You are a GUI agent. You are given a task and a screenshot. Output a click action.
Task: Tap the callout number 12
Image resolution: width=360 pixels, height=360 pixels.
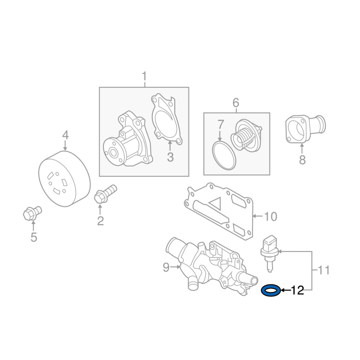297,290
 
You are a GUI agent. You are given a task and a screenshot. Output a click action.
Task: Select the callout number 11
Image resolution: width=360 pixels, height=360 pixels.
324,270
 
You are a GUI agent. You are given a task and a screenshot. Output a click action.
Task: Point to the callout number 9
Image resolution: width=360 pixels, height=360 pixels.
166,267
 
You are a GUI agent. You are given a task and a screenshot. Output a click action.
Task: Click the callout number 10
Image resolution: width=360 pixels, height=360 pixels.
271,216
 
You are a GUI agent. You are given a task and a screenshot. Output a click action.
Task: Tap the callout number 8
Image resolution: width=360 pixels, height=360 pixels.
302,160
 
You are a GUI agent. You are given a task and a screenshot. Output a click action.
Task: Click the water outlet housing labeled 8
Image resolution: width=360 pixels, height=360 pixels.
306,129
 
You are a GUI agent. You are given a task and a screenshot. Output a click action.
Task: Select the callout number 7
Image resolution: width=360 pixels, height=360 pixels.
220,124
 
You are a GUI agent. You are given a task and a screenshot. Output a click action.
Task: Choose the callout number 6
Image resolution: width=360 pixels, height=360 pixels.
236,103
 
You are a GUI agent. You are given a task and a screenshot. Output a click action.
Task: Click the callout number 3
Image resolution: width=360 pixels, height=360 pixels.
170,157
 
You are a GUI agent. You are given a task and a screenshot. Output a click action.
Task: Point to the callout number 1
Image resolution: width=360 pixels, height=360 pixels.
144,76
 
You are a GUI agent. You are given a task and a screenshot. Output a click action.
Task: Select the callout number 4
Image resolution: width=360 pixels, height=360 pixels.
65,135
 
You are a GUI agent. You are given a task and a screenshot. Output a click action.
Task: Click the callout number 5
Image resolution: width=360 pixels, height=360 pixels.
34,237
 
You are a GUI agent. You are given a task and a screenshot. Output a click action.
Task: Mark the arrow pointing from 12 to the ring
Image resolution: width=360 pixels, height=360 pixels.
286,290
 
